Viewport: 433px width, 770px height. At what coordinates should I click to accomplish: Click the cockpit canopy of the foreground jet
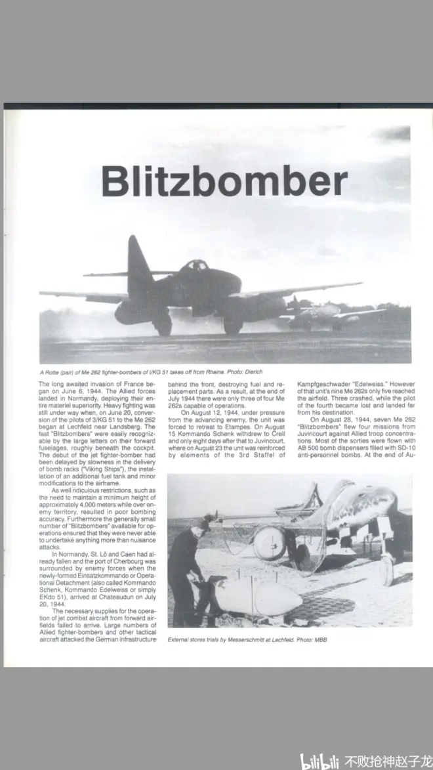(195, 266)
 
